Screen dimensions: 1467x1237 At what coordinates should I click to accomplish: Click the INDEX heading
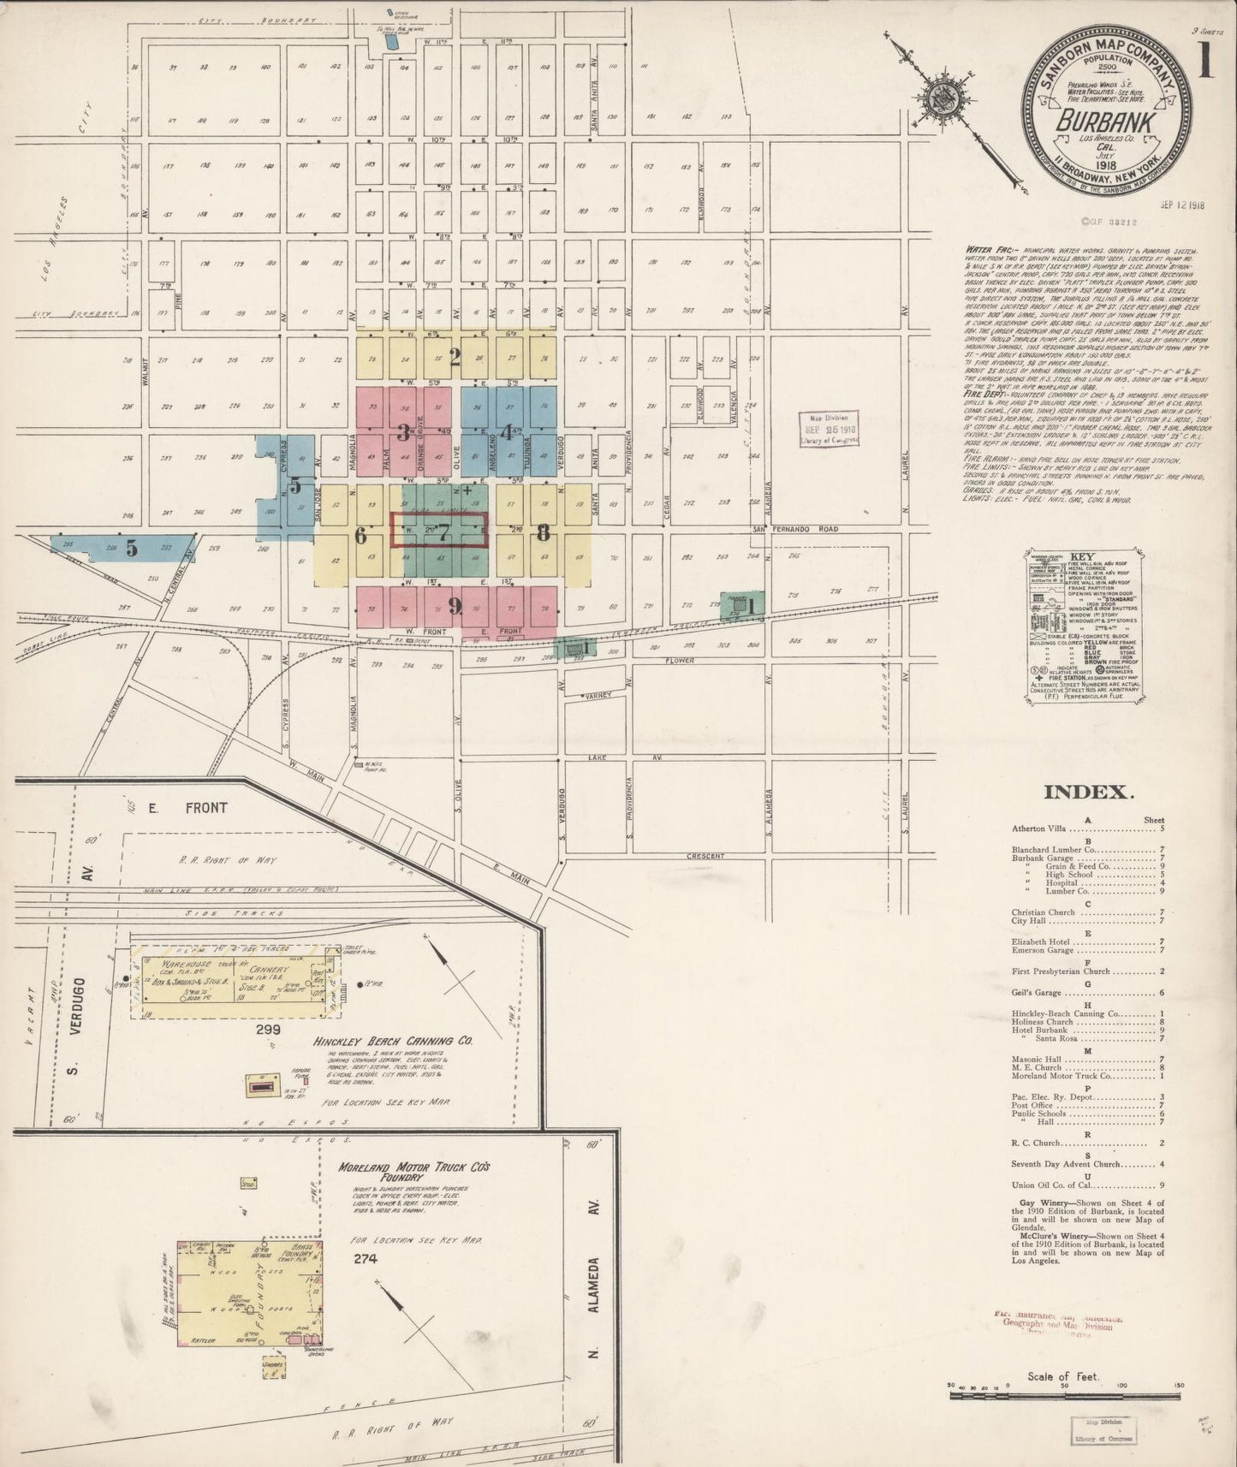tap(1087, 792)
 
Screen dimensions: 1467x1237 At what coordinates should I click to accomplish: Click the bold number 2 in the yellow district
tap(455, 357)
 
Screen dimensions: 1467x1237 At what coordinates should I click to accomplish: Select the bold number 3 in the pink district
tap(402, 432)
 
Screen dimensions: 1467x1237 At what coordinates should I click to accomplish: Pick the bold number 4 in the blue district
tap(507, 432)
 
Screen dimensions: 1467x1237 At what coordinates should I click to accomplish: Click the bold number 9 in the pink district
tap(455, 606)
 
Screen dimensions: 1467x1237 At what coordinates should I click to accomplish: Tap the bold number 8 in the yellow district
tap(542, 532)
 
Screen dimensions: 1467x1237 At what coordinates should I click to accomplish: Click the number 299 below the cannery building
tap(268, 1030)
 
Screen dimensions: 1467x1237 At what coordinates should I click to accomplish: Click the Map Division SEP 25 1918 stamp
tap(829, 429)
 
